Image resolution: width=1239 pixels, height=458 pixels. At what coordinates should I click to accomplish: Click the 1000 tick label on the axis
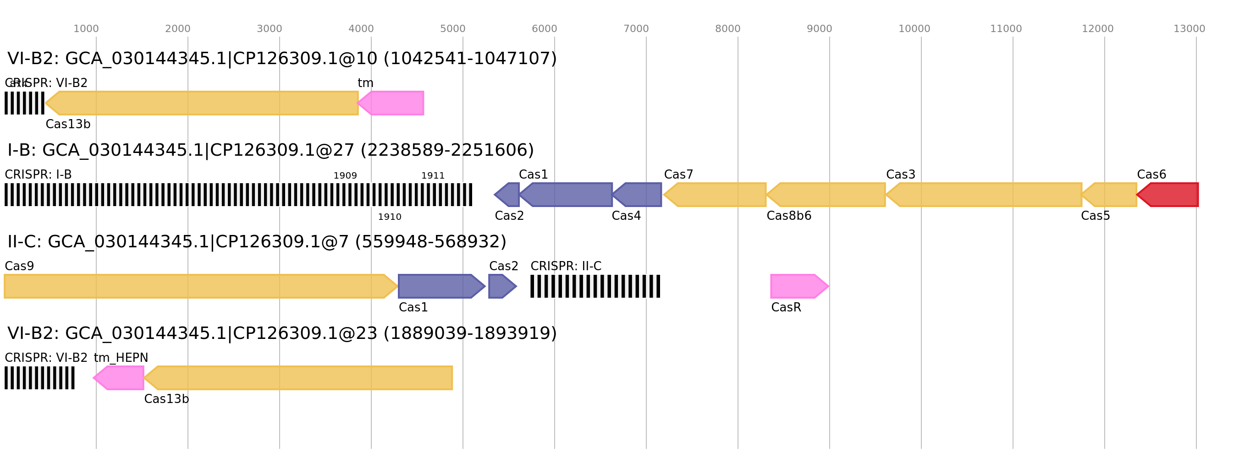(86, 29)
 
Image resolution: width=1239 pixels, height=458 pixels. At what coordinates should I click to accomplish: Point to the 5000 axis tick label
(452, 29)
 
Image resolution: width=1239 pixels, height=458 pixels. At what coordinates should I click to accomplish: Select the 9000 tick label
(819, 29)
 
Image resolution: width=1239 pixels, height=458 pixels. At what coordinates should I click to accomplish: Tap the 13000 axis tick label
(1189, 29)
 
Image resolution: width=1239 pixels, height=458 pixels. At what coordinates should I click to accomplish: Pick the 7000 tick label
(636, 29)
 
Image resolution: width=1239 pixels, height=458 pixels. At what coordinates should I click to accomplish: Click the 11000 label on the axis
(1006, 29)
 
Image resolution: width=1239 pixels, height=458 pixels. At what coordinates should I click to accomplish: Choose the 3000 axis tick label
(270, 29)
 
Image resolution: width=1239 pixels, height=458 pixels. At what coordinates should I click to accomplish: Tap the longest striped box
(238, 195)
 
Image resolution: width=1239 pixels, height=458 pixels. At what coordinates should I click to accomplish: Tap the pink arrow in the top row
(391, 103)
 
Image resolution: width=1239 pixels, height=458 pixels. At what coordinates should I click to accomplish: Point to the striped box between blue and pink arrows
(595, 286)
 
